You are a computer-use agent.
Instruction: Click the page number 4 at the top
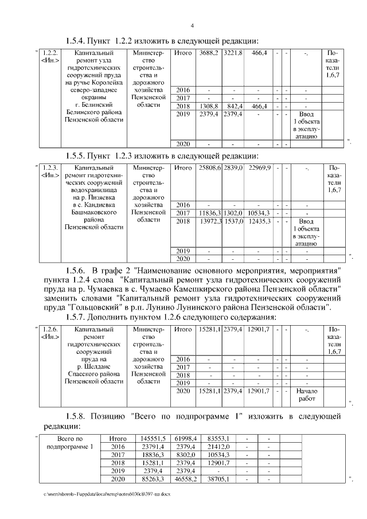(x=192, y=25)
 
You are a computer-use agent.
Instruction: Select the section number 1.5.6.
(x=76, y=270)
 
